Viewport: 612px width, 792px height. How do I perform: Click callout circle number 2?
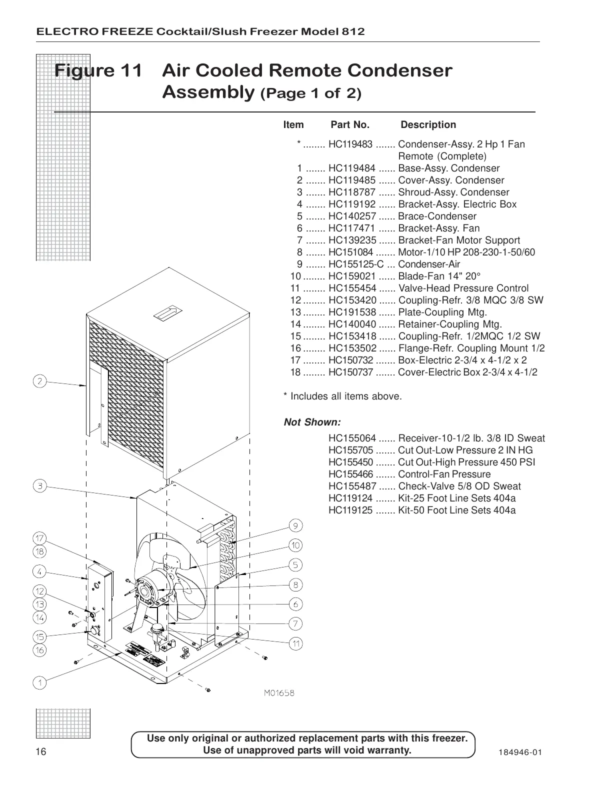tap(40, 381)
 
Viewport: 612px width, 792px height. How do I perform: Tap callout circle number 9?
tap(295, 525)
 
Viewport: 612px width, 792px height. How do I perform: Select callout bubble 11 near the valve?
tap(296, 643)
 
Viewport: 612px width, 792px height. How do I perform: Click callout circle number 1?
tap(40, 682)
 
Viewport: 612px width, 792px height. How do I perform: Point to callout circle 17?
tap(40, 538)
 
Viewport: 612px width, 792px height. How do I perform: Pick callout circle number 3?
tap(40, 485)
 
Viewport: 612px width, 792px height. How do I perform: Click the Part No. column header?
tap(350, 125)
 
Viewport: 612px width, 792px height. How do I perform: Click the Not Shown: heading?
tap(312, 422)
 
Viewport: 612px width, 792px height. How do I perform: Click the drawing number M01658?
tap(279, 693)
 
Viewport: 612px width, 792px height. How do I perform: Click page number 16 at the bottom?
tap(40, 752)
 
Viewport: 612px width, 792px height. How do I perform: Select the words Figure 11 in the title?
tap(98, 70)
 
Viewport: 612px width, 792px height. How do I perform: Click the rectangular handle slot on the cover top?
tap(167, 313)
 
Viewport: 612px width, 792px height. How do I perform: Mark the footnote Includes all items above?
tap(343, 396)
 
